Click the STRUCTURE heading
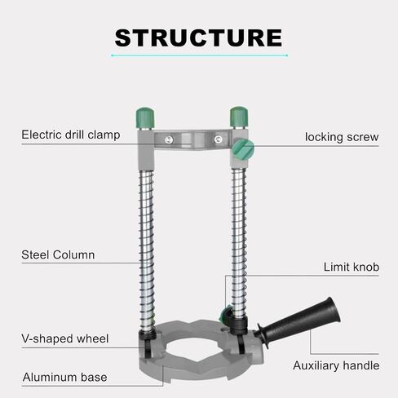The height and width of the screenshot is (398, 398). click(x=198, y=38)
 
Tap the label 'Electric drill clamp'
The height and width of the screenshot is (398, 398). click(x=71, y=135)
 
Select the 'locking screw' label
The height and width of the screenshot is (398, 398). click(x=342, y=137)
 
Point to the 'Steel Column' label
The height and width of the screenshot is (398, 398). click(x=58, y=255)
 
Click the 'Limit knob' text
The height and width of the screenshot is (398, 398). click(x=352, y=267)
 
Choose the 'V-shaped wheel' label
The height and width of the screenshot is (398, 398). click(x=65, y=338)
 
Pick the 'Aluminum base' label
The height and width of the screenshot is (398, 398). click(x=64, y=378)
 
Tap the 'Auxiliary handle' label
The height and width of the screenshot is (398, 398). click(x=336, y=365)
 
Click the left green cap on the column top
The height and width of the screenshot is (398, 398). click(x=145, y=117)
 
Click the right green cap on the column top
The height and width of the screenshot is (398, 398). click(x=239, y=117)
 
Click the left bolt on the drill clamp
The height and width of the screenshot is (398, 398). click(x=169, y=139)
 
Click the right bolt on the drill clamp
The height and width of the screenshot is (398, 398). click(x=218, y=139)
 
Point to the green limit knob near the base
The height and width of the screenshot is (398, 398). click(x=225, y=314)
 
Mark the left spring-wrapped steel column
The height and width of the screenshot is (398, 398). click(x=147, y=250)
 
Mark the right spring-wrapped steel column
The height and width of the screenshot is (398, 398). click(x=239, y=243)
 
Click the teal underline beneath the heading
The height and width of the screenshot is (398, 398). click(x=199, y=55)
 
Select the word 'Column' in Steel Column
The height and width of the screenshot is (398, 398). click(x=74, y=255)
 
